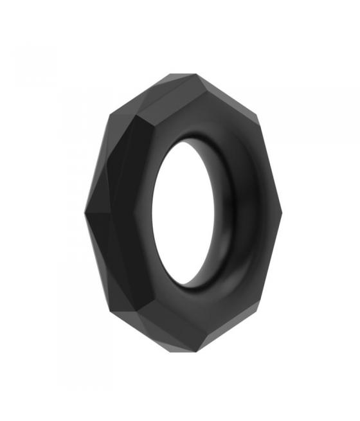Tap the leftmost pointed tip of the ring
tap(85, 213)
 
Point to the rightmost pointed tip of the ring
tap(282, 213)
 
